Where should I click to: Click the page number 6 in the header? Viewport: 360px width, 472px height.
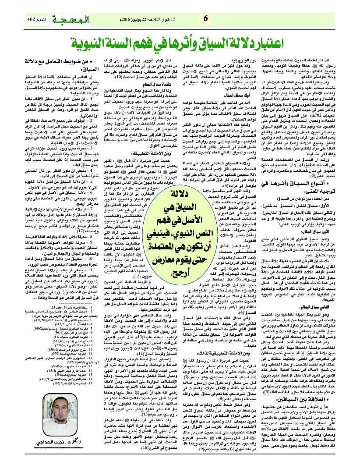(205, 18)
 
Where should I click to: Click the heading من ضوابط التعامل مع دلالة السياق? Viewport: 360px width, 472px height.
(56, 64)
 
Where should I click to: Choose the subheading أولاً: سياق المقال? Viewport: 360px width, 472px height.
(223, 106)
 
